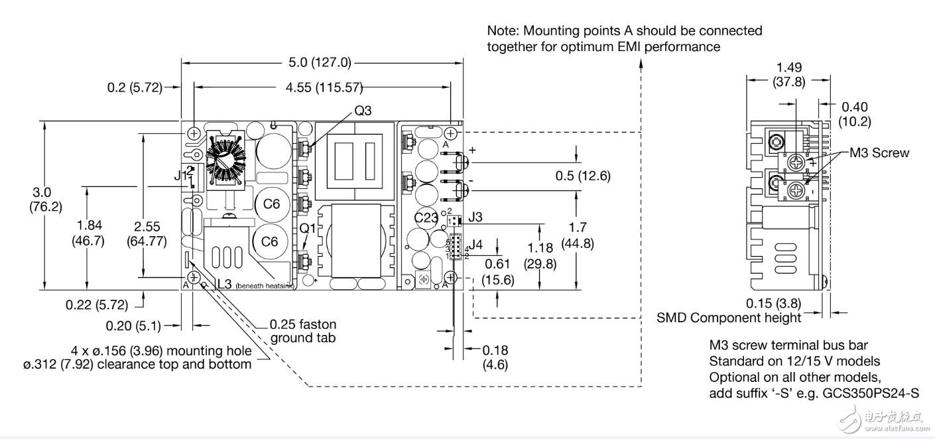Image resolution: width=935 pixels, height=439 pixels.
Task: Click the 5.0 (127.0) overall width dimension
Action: [321, 64]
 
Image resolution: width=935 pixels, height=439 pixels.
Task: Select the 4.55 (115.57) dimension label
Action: [322, 87]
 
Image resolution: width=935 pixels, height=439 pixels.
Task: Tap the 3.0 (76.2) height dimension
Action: [45, 199]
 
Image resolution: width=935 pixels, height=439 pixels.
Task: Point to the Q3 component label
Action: [363, 111]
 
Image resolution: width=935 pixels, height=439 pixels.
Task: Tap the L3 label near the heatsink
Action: [223, 284]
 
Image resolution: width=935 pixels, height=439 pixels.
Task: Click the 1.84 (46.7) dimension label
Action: [88, 233]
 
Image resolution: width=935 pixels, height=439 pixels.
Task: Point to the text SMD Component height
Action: [729, 318]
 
